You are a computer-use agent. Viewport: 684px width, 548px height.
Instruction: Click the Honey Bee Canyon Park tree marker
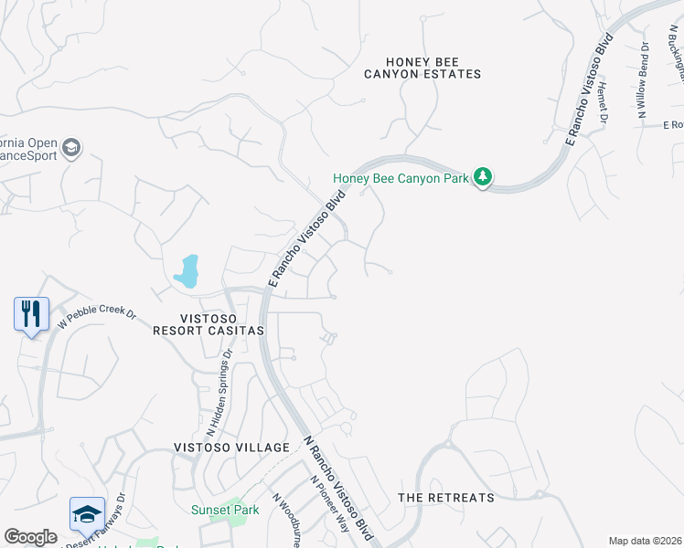pyautogui.click(x=483, y=177)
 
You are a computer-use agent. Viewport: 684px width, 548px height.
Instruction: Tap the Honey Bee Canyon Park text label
pyautogui.click(x=401, y=179)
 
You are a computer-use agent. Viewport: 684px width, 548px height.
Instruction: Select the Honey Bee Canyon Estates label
pyautogui.click(x=422, y=67)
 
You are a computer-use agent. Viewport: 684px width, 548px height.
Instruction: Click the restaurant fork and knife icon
pyautogui.click(x=31, y=313)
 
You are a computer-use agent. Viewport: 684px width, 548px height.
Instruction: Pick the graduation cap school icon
pyautogui.click(x=87, y=513)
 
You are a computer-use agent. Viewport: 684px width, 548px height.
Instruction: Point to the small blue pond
pyautogui.click(x=187, y=272)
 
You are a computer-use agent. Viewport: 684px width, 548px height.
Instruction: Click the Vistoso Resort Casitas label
pyautogui.click(x=208, y=322)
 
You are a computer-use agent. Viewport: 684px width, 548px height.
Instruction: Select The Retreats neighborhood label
pyautogui.click(x=445, y=498)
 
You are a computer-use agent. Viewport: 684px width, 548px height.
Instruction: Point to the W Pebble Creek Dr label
pyautogui.click(x=97, y=318)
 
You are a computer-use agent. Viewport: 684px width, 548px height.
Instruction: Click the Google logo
pyautogui.click(x=30, y=537)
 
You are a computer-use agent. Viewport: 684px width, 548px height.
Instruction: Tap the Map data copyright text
pyautogui.click(x=644, y=541)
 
